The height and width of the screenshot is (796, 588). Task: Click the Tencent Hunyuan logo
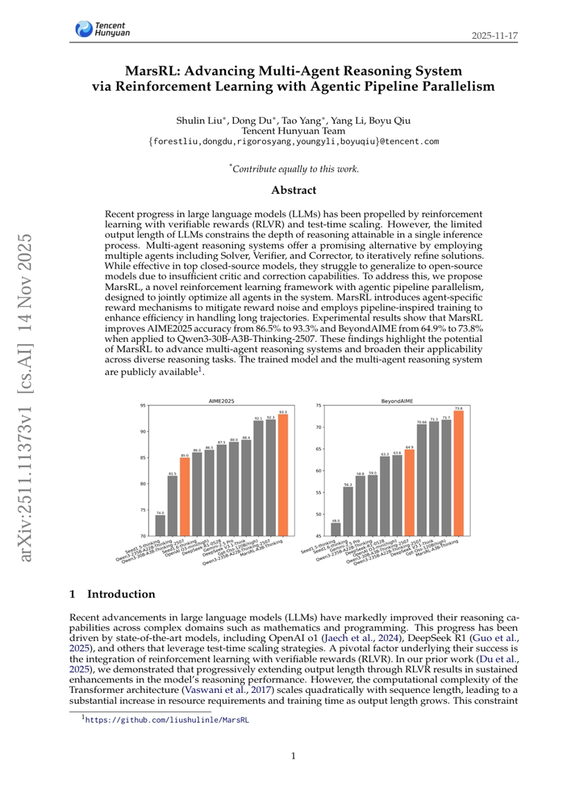click(102, 29)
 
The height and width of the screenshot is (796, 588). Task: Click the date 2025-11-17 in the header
click(495, 35)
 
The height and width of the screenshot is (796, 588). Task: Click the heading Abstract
click(293, 190)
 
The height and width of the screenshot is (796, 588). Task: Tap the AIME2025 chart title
click(223, 401)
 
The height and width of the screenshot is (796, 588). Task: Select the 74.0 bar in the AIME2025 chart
click(160, 525)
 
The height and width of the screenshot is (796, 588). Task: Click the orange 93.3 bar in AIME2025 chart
click(283, 474)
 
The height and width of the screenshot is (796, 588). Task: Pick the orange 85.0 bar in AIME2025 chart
click(185, 496)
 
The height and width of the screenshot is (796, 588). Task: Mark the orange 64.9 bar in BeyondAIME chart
click(410, 493)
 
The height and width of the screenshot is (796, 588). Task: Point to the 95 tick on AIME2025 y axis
click(143, 406)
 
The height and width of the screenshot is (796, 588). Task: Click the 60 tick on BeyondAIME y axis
click(318, 471)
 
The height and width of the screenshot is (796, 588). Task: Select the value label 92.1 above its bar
click(258, 418)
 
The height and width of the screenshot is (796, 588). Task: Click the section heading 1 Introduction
click(113, 594)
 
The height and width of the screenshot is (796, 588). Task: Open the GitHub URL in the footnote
click(166, 720)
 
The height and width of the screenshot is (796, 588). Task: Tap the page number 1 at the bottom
click(293, 756)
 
